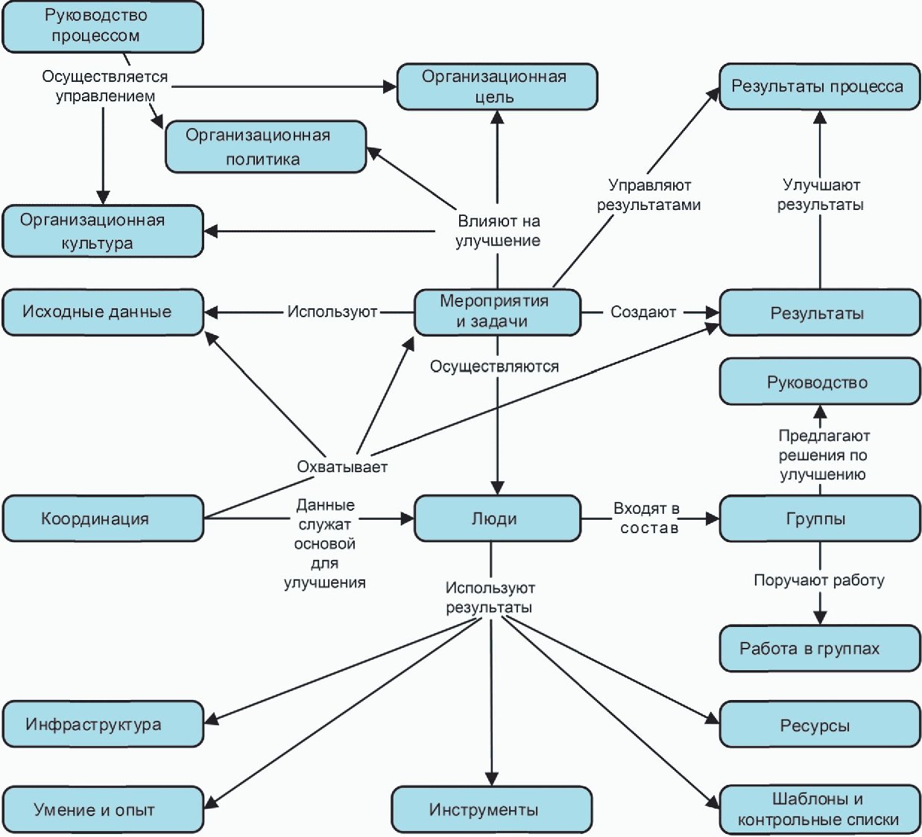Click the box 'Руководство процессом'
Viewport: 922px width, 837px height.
103,26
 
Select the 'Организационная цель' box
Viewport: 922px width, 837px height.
497,86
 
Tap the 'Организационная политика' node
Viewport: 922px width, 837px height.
266,147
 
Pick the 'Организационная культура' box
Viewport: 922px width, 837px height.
103,231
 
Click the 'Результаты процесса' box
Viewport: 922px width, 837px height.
820,86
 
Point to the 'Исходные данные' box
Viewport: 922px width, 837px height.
103,312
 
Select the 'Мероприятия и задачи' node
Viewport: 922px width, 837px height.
498,312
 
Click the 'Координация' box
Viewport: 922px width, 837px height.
103,518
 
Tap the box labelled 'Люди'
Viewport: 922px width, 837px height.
498,518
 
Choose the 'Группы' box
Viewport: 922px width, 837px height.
820,518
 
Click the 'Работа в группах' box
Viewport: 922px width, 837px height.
820,648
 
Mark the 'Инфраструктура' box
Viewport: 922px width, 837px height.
103,724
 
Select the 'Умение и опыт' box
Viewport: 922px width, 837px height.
103,809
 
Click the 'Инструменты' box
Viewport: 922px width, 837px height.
492,809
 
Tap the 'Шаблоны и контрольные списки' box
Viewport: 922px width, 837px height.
820,809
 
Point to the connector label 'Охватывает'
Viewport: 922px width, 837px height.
342,467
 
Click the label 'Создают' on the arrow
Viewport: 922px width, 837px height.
643,312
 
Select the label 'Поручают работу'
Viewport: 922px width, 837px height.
819,580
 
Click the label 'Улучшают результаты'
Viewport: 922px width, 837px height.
821,194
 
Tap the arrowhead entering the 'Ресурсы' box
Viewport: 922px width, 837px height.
712,720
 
